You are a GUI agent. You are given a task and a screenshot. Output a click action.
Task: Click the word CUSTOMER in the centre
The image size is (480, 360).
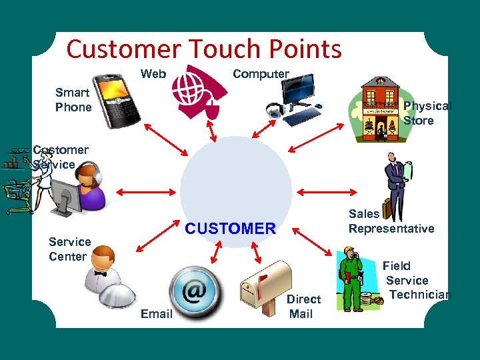[230, 229]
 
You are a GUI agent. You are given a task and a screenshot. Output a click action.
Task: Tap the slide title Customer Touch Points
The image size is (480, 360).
[204, 49]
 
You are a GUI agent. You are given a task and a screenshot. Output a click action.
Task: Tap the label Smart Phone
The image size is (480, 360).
[73, 100]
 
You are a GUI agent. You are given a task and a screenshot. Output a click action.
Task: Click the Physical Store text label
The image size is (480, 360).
[427, 113]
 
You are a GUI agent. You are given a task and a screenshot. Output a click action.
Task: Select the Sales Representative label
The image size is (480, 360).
[391, 221]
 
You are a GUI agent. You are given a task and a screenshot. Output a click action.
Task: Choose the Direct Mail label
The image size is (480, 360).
[303, 306]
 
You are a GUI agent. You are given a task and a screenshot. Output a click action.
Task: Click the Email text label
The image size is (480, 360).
[157, 313]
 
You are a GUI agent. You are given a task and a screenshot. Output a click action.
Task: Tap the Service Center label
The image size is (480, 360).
[69, 249]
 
